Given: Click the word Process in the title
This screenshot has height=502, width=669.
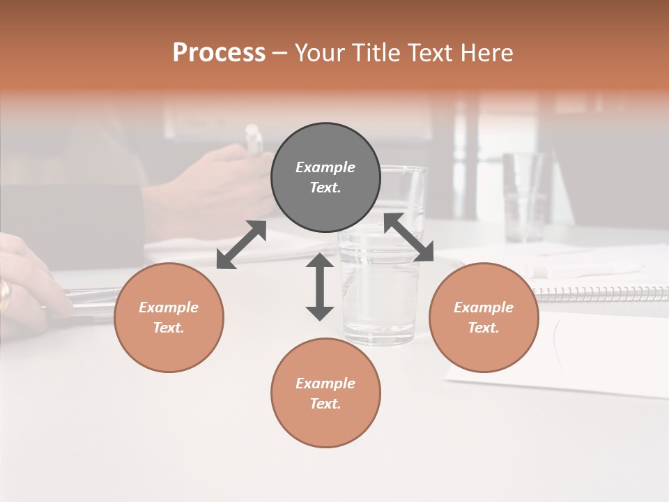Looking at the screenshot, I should coord(219,53).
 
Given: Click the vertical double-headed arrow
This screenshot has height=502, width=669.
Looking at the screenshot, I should coord(320,287).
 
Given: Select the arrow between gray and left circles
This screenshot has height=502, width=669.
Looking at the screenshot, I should coord(241,245).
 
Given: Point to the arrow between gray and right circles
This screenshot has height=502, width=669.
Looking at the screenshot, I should coord(409,237).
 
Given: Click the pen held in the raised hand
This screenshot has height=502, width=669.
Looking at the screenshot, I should coord(254,139).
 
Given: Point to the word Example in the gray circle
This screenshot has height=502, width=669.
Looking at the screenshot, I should coord(325,167).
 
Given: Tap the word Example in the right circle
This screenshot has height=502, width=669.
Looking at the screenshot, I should coord(484,307).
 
